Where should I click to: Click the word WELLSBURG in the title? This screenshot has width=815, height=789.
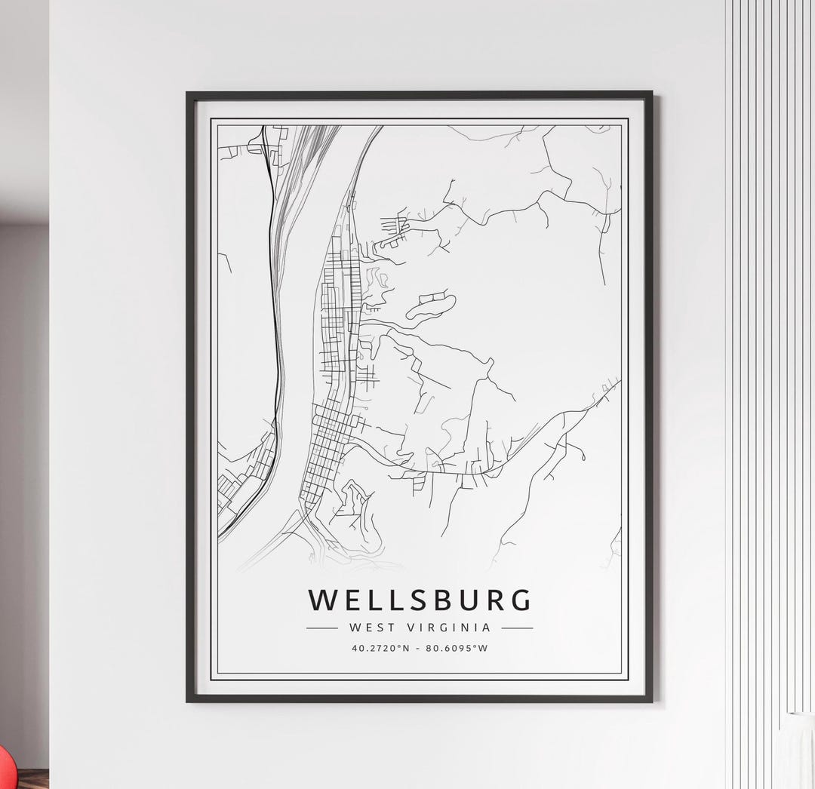(420, 600)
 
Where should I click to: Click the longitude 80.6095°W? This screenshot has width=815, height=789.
(457, 648)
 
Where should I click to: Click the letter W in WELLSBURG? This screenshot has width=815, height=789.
(322, 600)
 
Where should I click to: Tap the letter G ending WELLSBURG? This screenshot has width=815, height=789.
(520, 600)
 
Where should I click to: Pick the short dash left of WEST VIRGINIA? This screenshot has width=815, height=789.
(322, 628)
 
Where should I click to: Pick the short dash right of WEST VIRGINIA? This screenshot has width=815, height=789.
(517, 628)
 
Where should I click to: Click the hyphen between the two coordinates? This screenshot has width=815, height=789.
(420, 648)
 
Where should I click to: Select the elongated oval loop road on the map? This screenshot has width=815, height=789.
(431, 307)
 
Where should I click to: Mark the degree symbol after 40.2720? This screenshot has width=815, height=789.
(401, 646)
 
